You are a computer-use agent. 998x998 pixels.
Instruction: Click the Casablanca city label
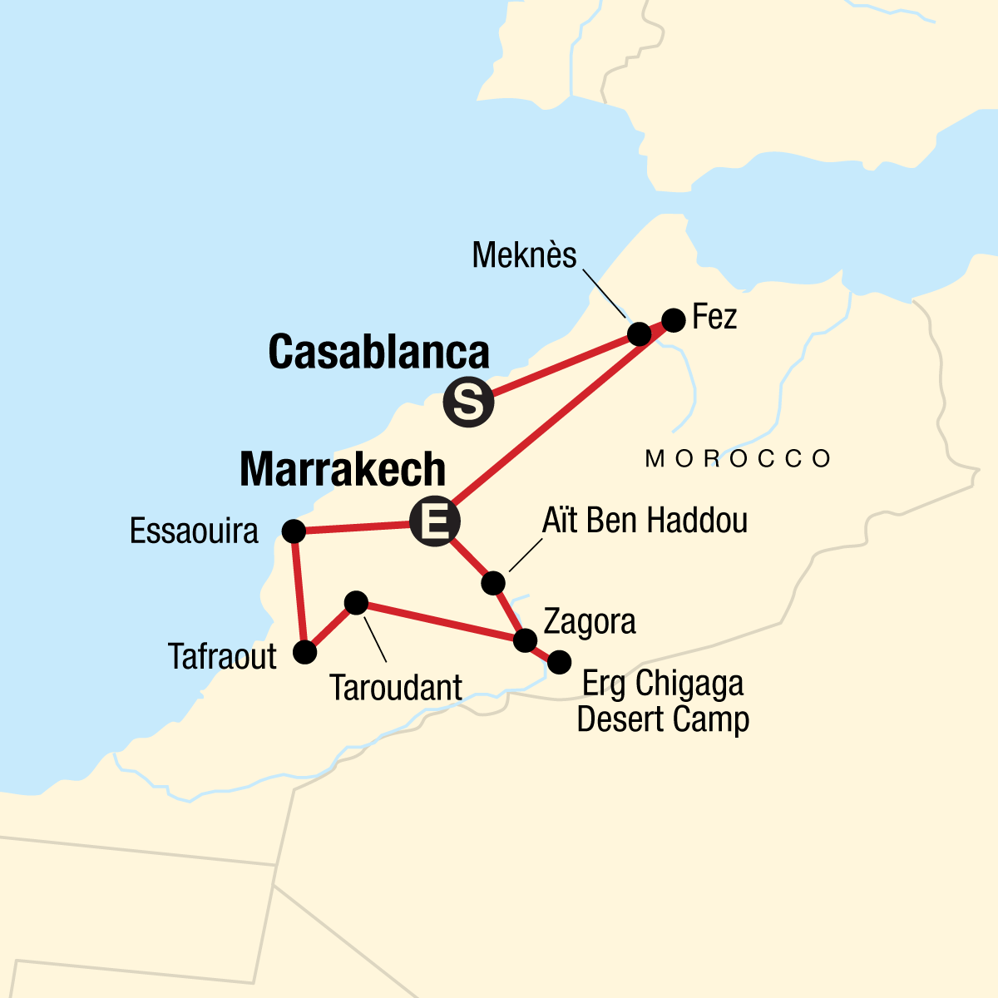378,353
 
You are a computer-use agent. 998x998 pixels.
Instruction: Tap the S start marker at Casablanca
468,403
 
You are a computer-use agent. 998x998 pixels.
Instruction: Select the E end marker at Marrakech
435,522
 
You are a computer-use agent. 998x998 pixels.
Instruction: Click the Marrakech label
343,471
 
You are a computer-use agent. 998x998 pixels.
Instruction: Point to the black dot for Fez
674,319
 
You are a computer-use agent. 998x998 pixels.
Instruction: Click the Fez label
714,318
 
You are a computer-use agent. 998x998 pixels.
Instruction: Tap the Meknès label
524,255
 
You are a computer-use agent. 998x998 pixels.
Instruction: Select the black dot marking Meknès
639,334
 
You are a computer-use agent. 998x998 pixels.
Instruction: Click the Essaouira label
194,531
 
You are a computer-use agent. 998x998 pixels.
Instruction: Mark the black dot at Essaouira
294,531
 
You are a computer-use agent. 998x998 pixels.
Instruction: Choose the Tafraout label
222,657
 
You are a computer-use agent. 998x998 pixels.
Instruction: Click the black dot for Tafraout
305,652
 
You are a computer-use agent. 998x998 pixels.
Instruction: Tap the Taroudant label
395,689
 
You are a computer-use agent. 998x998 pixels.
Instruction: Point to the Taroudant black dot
356,602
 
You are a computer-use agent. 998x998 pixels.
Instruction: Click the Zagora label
590,622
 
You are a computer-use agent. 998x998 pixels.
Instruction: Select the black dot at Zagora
525,640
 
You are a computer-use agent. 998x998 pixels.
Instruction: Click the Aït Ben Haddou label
645,521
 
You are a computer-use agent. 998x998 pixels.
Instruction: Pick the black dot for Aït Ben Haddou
493,583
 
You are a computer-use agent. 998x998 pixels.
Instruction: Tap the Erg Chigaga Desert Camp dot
559,661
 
